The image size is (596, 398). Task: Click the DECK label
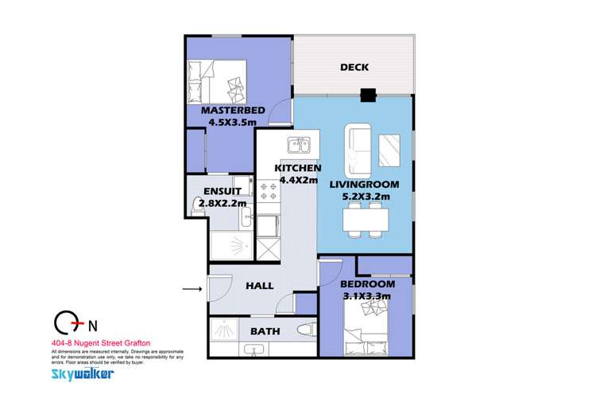[354, 68]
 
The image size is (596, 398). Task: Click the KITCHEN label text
[298, 168]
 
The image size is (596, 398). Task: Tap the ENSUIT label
[218, 192]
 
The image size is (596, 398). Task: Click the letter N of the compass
[95, 324]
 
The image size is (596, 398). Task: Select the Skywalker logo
[82, 373]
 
